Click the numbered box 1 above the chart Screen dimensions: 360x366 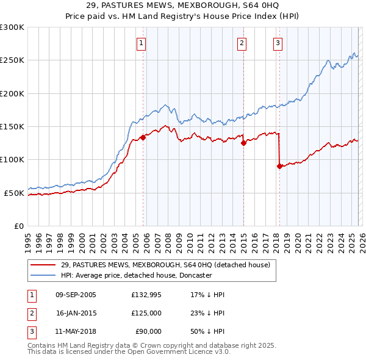point(141,43)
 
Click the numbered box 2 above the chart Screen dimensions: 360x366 point(242,43)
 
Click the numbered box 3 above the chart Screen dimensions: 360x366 point(278,43)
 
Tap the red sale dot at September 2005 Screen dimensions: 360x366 point(143,137)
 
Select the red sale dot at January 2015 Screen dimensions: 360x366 point(243,143)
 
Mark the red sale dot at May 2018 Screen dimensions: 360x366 point(279,166)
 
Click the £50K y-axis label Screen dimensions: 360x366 point(14,193)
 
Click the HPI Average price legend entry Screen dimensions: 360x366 point(135,275)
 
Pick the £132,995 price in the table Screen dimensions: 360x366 point(146,295)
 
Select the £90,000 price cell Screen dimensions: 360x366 point(146,331)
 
